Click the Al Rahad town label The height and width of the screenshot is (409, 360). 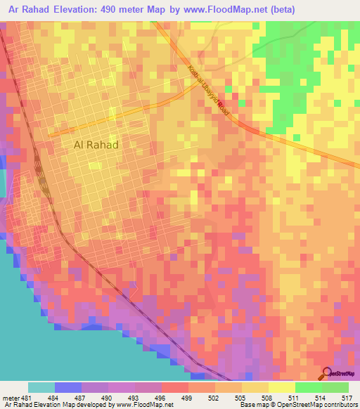click(96, 145)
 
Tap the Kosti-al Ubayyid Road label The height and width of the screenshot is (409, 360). click(209, 91)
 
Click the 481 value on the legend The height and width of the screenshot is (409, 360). click(27, 398)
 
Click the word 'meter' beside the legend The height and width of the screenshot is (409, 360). click(11, 398)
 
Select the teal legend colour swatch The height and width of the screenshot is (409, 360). click(41, 387)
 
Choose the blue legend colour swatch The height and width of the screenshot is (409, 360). click(68, 387)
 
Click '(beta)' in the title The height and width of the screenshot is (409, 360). click(280, 9)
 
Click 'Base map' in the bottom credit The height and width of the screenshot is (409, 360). click(252, 405)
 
